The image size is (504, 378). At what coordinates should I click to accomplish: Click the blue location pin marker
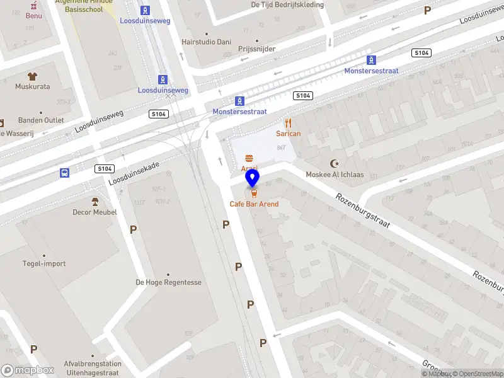253,179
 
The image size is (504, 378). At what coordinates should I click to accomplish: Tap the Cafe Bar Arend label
254,204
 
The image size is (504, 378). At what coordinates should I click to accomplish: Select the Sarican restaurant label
289,134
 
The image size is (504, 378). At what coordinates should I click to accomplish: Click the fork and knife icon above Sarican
289,123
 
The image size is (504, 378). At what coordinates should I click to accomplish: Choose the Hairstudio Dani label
206,42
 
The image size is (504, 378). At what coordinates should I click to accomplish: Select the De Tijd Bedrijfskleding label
287,4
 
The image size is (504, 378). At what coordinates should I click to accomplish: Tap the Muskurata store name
33,86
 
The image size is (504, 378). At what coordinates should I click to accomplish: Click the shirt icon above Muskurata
33,76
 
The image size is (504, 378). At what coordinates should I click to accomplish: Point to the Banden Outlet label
41,120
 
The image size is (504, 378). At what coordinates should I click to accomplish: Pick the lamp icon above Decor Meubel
95,202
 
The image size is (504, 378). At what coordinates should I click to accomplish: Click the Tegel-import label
44,263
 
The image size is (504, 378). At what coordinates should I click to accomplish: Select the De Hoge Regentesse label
169,282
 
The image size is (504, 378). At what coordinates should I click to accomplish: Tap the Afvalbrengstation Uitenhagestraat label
93,369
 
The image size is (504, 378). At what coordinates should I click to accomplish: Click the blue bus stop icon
64,173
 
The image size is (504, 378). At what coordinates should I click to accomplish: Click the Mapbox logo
28,370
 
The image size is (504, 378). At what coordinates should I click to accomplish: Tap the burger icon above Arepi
249,158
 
